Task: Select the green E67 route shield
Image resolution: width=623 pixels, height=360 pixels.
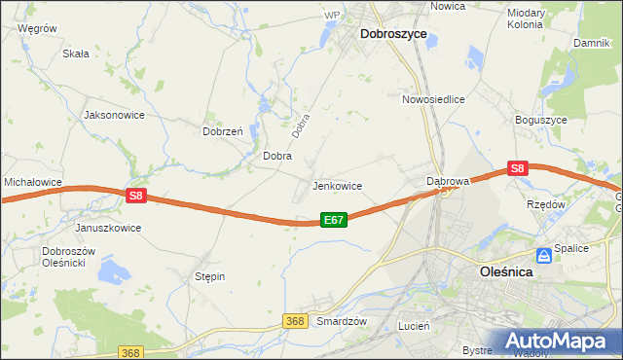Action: (x=333, y=221)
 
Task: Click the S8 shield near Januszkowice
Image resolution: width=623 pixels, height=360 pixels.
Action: (x=135, y=196)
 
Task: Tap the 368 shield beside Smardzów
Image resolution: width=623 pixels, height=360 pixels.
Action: (x=297, y=320)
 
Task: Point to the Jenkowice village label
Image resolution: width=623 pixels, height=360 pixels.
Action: (x=337, y=186)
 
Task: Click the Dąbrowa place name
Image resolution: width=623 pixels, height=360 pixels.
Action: (x=449, y=181)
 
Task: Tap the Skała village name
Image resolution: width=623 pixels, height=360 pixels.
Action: (x=76, y=54)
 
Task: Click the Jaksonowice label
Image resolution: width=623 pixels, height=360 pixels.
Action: (x=115, y=114)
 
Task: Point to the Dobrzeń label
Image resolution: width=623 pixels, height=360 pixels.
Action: (x=222, y=131)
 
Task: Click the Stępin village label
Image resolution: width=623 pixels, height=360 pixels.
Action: (x=210, y=276)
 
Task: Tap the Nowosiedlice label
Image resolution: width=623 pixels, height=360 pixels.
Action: (x=433, y=99)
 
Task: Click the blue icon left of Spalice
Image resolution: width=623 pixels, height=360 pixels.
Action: (x=545, y=255)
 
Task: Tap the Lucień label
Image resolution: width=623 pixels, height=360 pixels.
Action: (x=414, y=327)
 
